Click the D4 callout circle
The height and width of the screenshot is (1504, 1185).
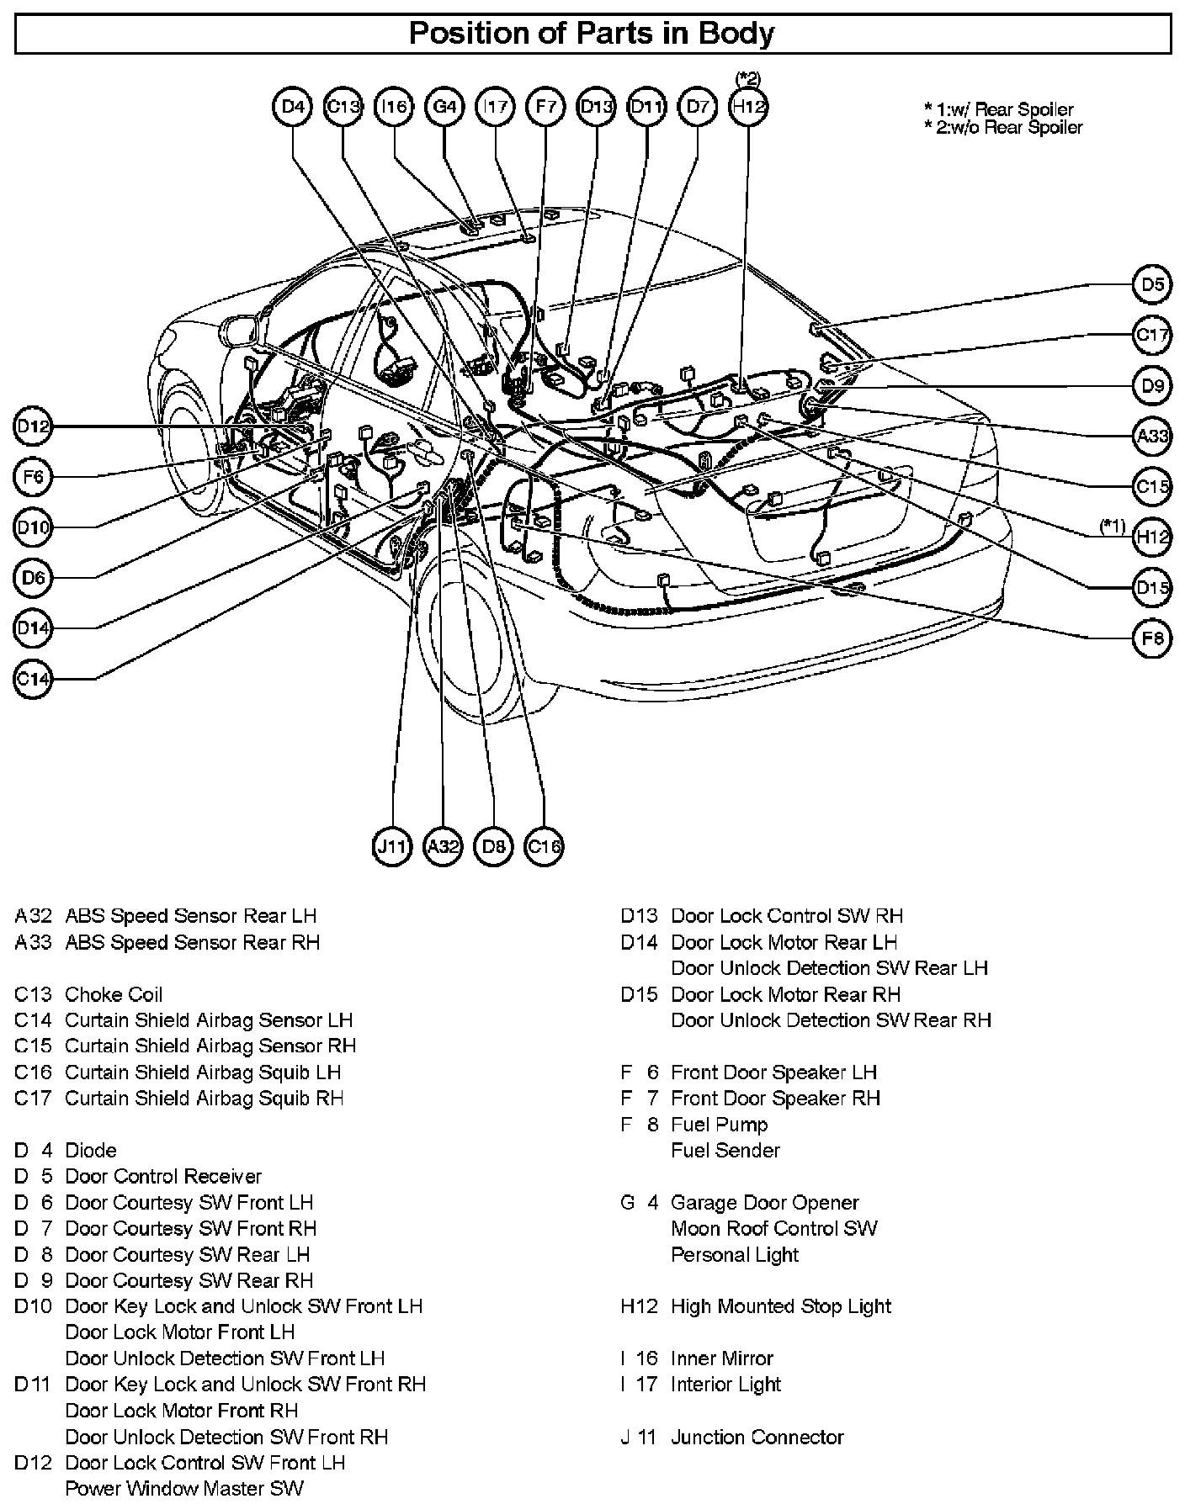[293, 107]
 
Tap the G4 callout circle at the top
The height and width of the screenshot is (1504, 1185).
[444, 107]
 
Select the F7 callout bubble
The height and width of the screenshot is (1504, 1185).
[545, 107]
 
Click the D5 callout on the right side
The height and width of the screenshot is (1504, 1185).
[1152, 284]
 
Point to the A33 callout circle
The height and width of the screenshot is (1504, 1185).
[1152, 436]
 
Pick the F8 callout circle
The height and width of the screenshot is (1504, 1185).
[1152, 638]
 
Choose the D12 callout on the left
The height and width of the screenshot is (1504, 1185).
[33, 426]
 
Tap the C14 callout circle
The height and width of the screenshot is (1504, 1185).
[33, 679]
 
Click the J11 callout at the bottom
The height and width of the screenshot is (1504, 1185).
[392, 846]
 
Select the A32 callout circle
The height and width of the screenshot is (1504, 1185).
[443, 846]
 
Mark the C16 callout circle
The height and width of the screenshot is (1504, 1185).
[544, 846]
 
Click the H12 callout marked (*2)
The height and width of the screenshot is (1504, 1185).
[748, 107]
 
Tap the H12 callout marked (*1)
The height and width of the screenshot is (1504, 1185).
[1152, 537]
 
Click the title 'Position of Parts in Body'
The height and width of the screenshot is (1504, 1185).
[592, 34]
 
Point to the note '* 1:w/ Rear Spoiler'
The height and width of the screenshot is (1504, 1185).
[998, 109]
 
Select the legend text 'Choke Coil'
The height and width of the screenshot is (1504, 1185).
[114, 994]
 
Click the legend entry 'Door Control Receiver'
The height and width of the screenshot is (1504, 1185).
[163, 1176]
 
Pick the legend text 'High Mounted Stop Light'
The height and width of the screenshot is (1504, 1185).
[780, 1306]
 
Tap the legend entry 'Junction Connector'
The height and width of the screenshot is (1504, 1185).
[757, 1437]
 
